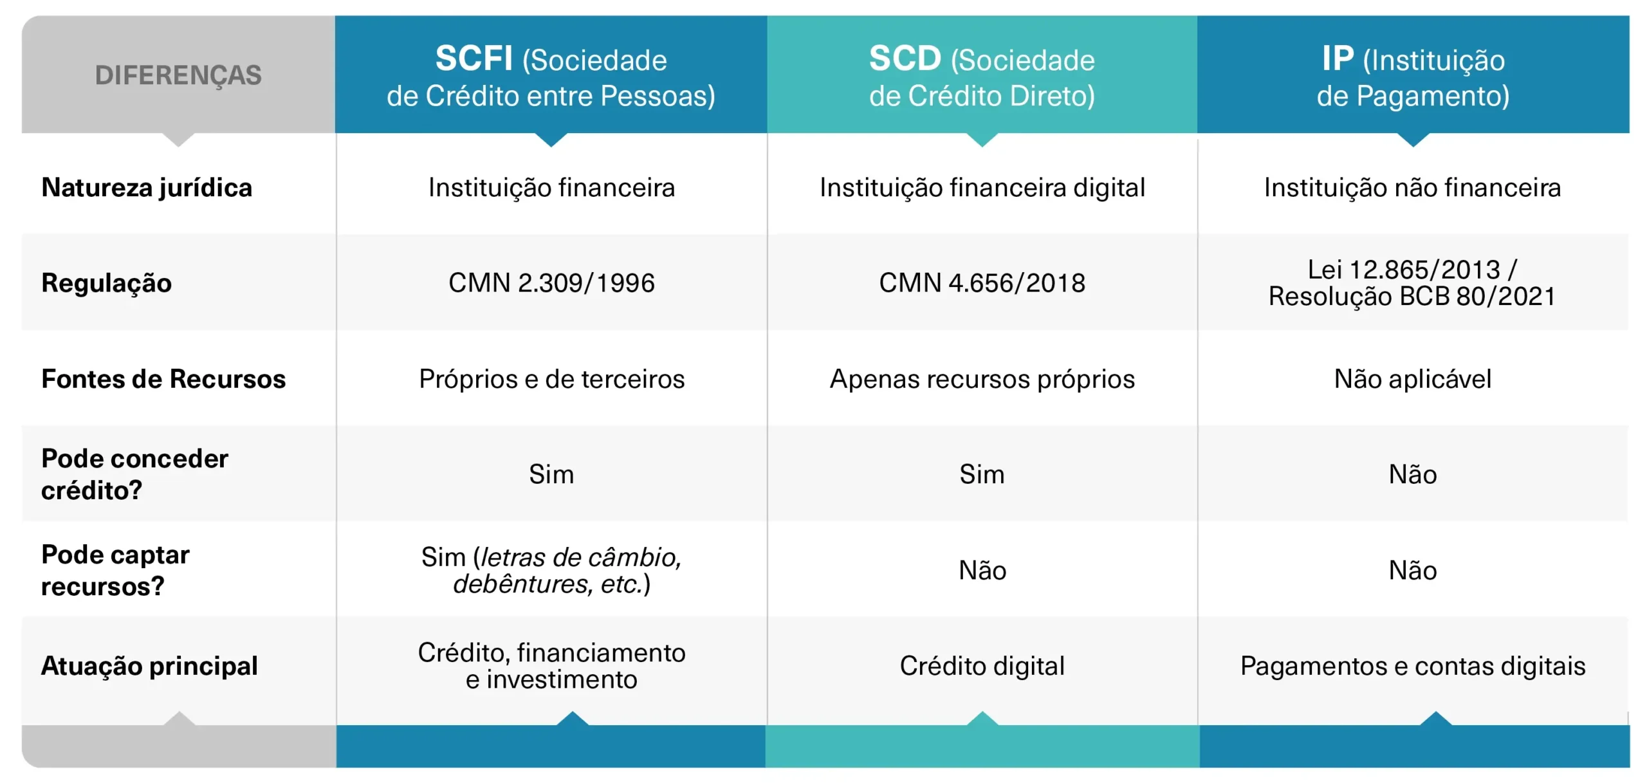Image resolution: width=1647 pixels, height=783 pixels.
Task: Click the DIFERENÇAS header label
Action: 178,75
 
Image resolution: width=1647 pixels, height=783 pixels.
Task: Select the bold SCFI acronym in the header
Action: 474,59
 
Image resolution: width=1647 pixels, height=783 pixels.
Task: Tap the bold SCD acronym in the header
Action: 905,59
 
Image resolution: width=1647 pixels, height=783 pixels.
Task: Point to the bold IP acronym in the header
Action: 1338,59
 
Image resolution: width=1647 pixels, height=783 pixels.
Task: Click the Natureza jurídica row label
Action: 147,188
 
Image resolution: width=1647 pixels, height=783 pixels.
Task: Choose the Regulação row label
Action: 107,283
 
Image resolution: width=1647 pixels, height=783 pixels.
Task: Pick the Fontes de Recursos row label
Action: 163,379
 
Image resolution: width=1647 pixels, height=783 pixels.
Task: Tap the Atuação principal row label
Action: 149,666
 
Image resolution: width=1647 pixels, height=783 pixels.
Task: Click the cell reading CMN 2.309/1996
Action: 551,283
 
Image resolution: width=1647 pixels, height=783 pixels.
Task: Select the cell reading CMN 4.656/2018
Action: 982,283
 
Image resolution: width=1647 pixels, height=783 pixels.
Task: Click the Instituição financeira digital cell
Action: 982,188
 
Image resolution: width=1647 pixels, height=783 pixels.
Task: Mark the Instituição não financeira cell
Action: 1413,188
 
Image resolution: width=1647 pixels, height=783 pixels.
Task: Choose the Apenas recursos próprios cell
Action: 982,379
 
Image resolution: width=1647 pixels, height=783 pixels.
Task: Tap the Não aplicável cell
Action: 1413,379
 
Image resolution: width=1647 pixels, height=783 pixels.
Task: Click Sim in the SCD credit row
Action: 982,474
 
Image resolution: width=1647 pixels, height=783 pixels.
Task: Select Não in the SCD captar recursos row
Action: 982,570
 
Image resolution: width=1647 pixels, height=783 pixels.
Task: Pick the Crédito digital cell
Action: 982,666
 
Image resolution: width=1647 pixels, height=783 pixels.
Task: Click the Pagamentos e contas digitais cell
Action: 1413,666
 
